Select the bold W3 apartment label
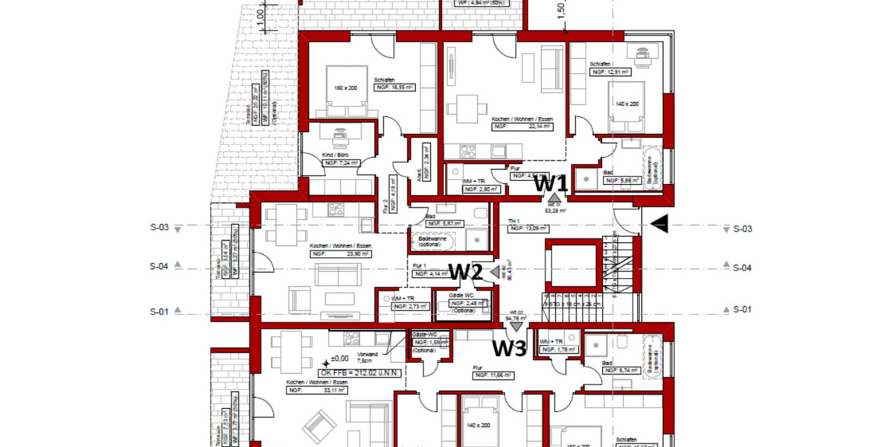point(510,348)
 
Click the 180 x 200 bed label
point(346,88)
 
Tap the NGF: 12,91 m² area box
point(609,72)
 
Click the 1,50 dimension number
point(563,9)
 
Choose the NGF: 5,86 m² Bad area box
point(620,180)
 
